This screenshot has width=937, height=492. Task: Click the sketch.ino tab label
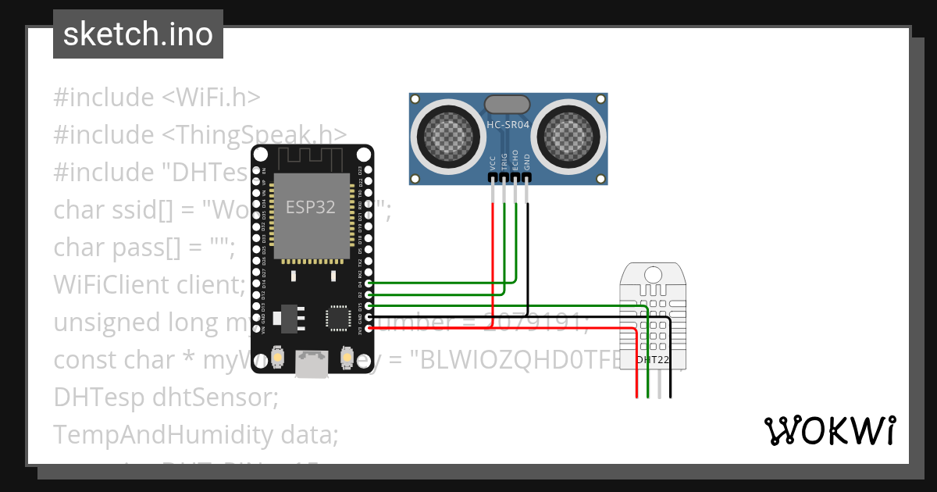tap(138, 34)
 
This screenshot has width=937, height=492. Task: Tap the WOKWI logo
tap(829, 430)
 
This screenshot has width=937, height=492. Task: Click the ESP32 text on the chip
tap(310, 207)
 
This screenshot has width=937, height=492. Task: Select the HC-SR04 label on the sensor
tap(508, 124)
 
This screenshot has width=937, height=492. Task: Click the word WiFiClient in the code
tap(108, 285)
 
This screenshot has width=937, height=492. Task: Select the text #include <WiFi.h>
tap(156, 98)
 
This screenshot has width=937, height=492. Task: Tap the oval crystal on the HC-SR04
tap(508, 104)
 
